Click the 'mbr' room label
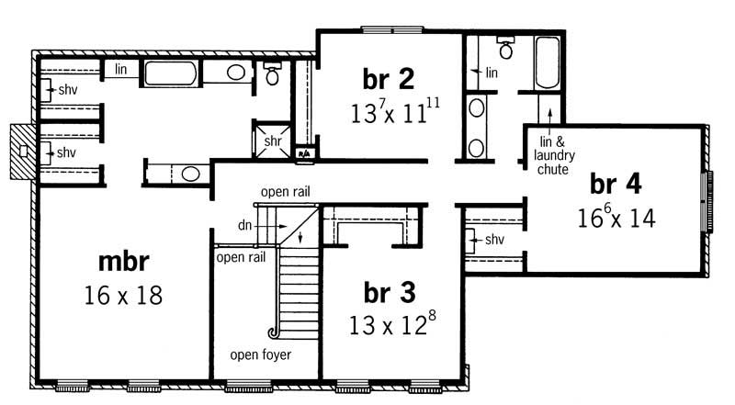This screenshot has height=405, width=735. tap(124, 262)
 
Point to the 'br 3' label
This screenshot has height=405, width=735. tap(390, 292)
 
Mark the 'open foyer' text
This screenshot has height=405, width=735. tap(262, 354)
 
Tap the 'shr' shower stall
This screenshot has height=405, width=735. tap(273, 141)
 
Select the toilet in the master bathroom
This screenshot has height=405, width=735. tap(272, 75)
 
